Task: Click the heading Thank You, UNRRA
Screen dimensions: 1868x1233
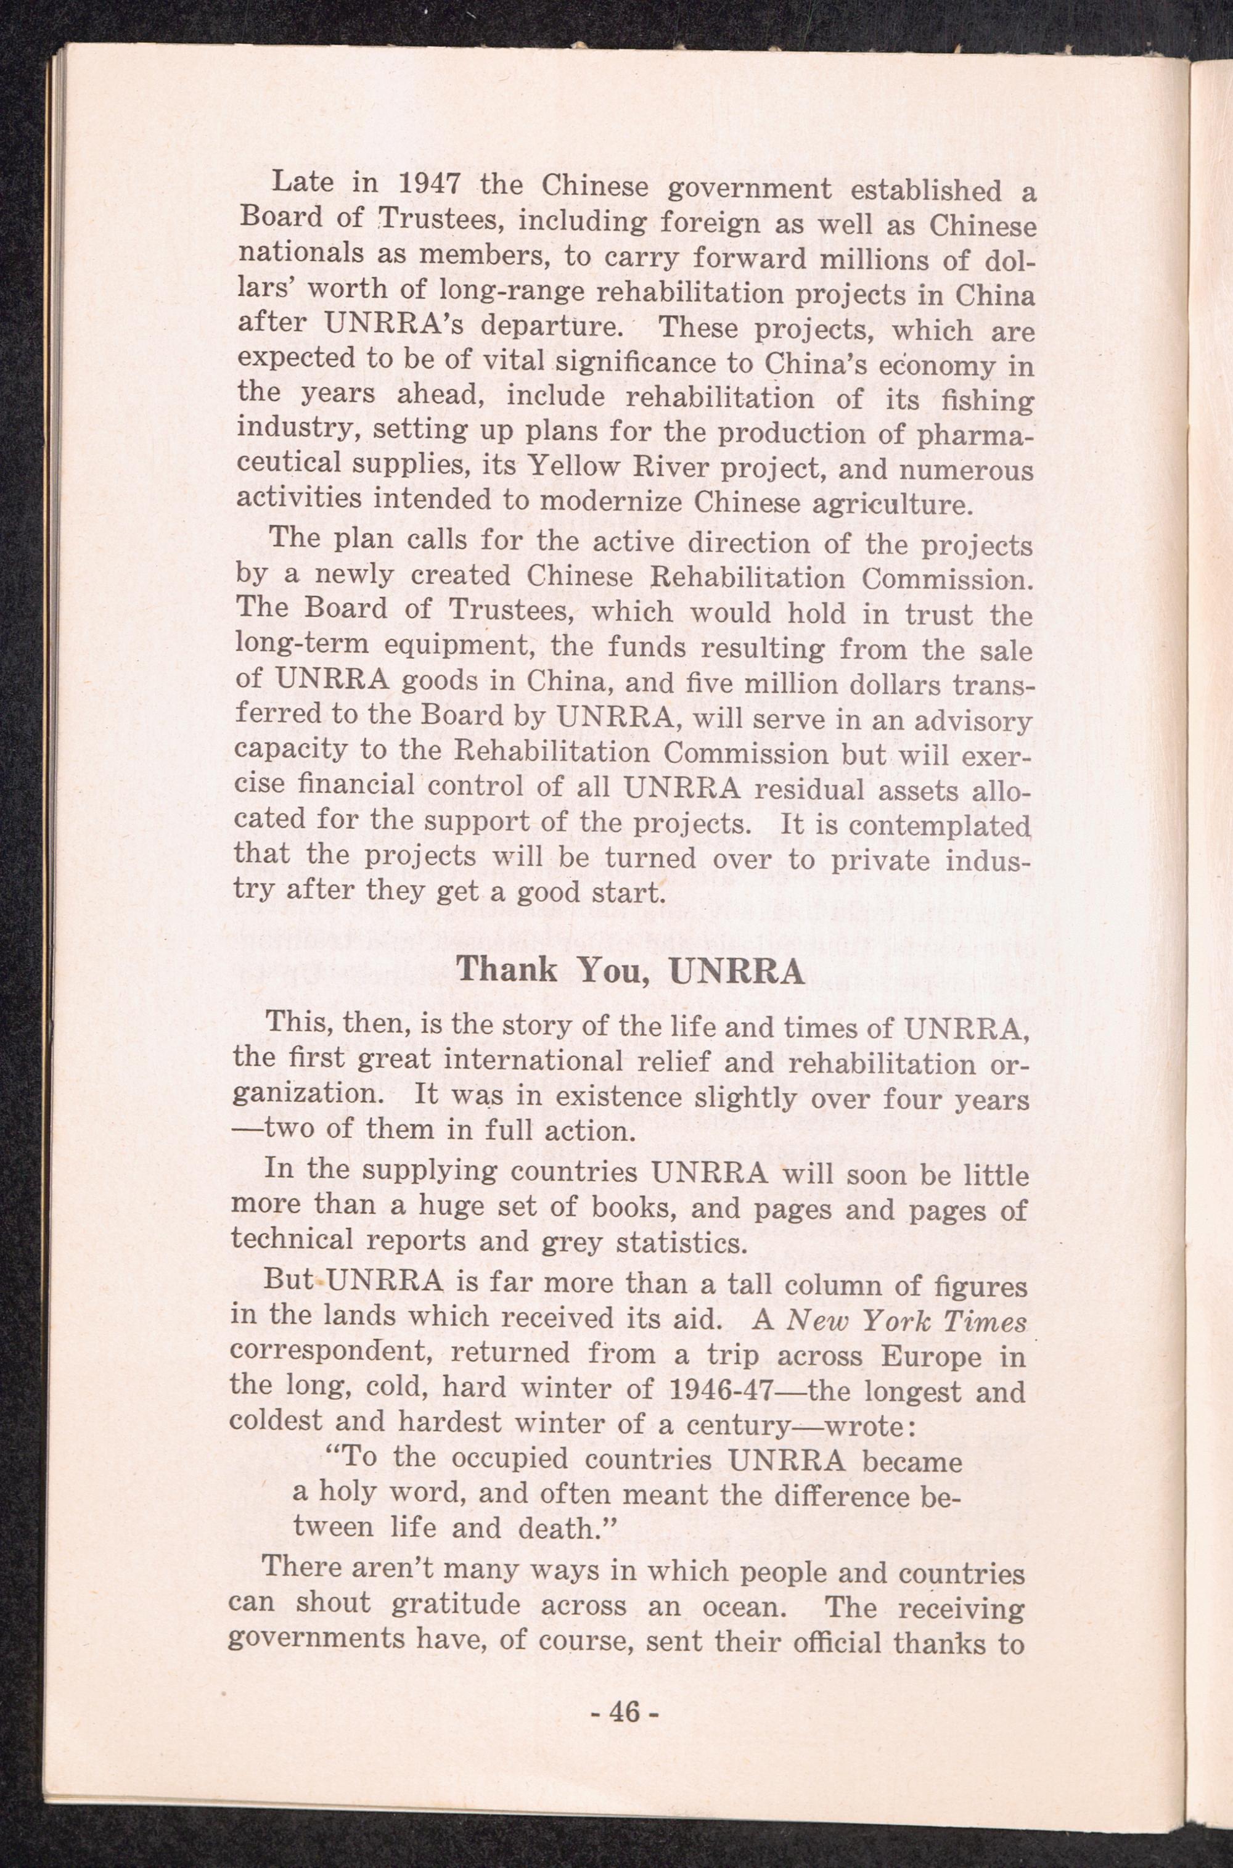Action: click(x=630, y=971)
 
